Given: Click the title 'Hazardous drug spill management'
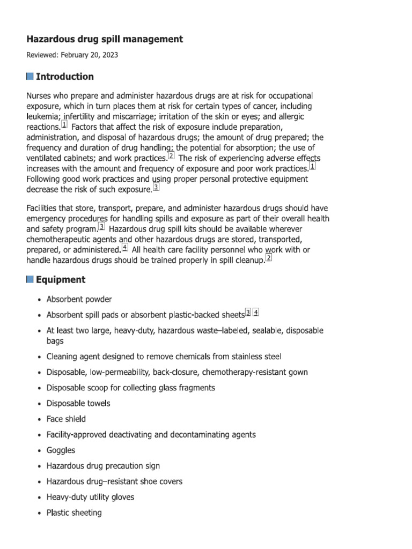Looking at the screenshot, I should tap(105, 39).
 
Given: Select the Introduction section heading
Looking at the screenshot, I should tap(64, 77).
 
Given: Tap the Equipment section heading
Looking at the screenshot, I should tap(60, 279).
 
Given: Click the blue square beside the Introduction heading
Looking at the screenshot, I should tap(30, 77).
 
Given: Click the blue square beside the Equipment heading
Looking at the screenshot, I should tap(30, 279).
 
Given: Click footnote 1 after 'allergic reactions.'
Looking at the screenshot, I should tap(64, 125).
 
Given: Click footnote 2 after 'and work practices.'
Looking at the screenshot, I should tap(171, 157).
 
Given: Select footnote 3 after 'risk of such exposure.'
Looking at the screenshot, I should tap(156, 187).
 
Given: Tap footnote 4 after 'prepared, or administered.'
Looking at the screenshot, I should tap(125, 248).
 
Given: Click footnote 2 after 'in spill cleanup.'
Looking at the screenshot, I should tap(269, 258).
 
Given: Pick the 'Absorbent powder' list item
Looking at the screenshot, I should tap(79, 299).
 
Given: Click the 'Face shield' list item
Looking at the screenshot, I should tap(66, 419).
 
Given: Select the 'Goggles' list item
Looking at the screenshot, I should tap(61, 450).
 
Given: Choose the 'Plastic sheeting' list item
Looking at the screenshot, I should tap(74, 513).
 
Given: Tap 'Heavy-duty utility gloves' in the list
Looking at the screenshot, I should tap(90, 497).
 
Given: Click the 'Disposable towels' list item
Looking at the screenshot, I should tap(78, 403).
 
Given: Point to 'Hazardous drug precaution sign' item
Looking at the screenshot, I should tap(103, 466).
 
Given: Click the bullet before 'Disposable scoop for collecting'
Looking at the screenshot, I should tap(40, 388).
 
